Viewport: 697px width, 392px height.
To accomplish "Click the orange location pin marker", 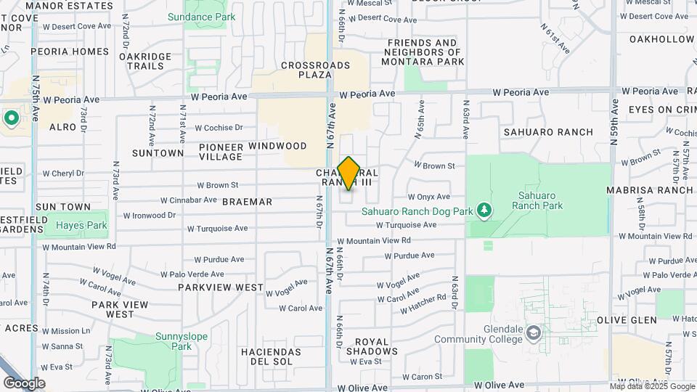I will tap(348, 173).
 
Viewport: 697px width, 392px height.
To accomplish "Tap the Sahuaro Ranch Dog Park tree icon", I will tap(483, 211).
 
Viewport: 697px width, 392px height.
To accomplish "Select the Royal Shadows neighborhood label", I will tap(371, 346).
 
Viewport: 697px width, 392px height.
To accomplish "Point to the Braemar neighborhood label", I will tap(247, 202).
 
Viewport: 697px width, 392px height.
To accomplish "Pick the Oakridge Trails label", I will tap(145, 61).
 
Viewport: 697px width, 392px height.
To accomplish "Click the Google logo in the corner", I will tap(24, 383).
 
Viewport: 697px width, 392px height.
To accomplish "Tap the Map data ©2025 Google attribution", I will tap(652, 386).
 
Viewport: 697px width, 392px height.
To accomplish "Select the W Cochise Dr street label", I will tap(219, 127).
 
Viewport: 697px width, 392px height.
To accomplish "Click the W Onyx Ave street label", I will tap(428, 197).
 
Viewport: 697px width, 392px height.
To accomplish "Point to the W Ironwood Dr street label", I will tap(150, 216).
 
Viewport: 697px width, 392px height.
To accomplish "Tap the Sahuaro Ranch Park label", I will tap(537, 200).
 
